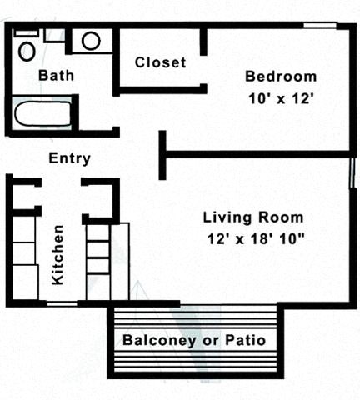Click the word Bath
[56, 76]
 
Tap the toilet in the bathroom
[27, 51]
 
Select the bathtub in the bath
[41, 112]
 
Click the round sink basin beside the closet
[91, 41]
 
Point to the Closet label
[160, 62]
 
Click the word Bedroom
[280, 77]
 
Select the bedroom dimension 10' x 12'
[280, 97]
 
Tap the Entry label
[70, 158]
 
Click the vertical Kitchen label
[58, 254]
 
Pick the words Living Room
[253, 218]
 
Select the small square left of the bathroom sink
[55, 35]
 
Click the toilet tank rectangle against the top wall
[27, 32]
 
